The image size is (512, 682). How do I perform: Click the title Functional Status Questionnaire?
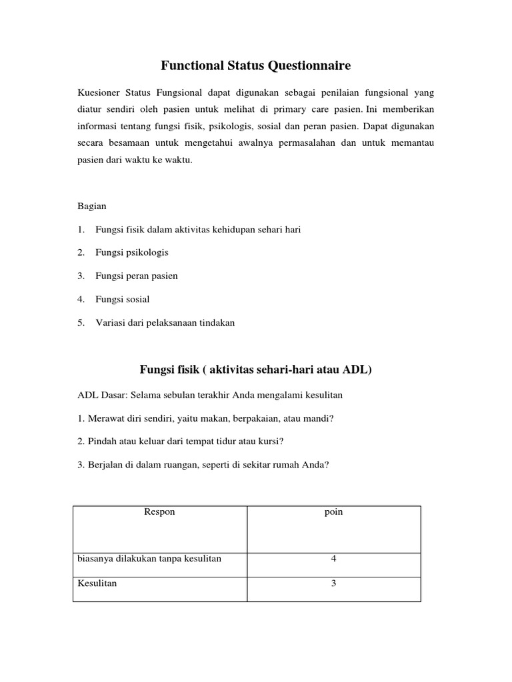(256, 66)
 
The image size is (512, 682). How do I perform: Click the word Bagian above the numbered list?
(92, 206)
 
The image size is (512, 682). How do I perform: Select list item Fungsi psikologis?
(131, 252)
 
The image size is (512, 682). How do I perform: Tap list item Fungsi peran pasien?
(136, 276)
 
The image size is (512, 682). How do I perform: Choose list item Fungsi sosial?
(122, 299)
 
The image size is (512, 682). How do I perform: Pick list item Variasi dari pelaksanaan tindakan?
(165, 322)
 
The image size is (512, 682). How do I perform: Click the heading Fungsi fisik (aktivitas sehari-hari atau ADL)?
(255, 369)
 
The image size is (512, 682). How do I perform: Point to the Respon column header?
(160, 512)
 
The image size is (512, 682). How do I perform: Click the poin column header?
(334, 512)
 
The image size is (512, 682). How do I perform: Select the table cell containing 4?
(334, 559)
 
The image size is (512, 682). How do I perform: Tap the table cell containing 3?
(334, 583)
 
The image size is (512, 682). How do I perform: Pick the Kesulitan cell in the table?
(97, 583)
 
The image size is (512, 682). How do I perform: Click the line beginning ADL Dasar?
(210, 395)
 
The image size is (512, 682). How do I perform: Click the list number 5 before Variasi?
(81, 322)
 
